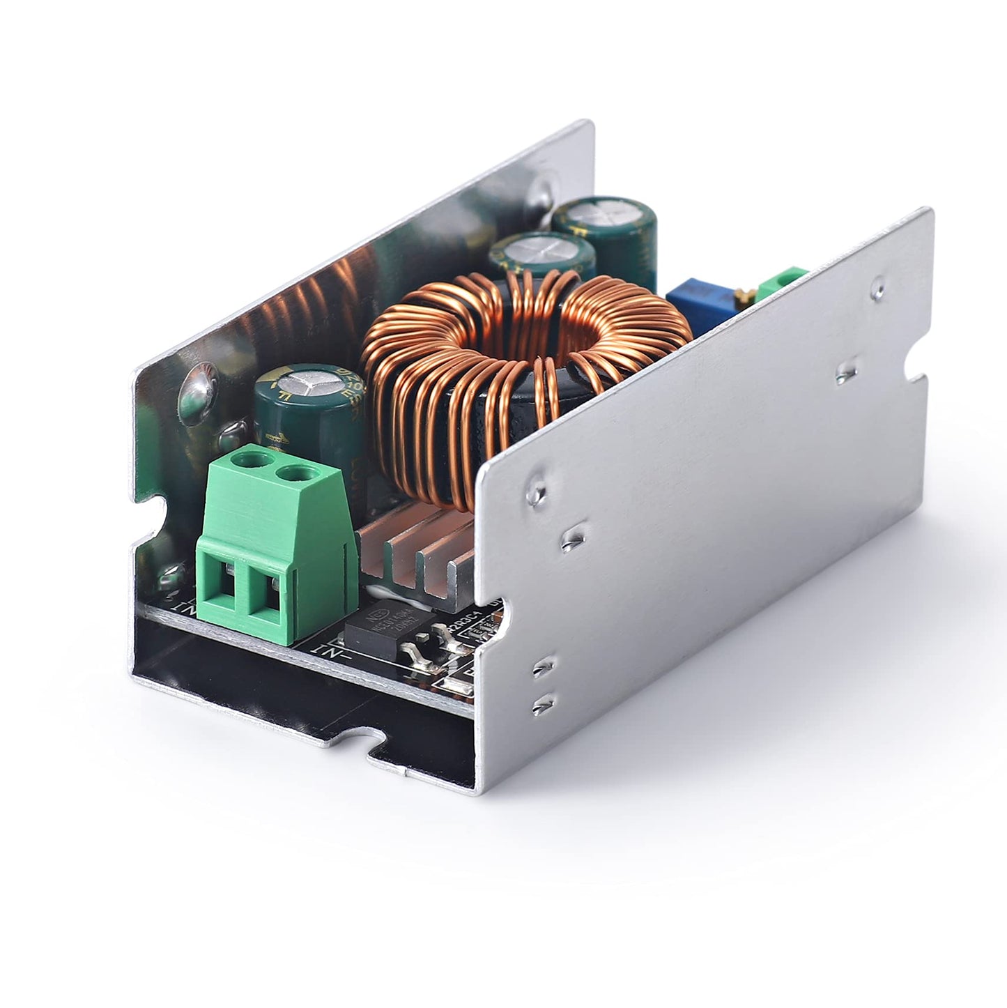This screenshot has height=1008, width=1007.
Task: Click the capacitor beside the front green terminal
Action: [307, 411]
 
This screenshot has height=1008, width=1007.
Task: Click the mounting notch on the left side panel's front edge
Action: [157, 512]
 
